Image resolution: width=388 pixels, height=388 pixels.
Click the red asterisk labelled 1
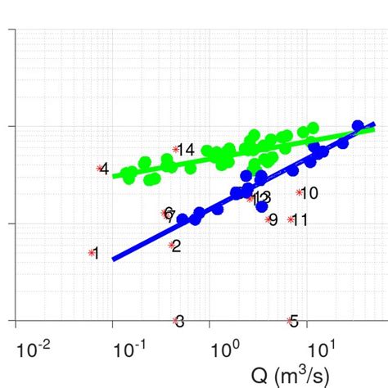[91, 253]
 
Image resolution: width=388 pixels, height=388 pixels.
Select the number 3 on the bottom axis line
[180, 321]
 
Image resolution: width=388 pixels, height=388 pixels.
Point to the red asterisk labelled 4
[100, 169]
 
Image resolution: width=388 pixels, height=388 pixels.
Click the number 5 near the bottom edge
[295, 321]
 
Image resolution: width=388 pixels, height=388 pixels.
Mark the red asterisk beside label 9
[268, 219]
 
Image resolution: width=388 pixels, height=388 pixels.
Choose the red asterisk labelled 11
[290, 219]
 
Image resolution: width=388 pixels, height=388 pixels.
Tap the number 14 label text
[187, 150]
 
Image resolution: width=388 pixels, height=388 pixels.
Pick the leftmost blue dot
[182, 219]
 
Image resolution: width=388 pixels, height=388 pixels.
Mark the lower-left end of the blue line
[113, 259]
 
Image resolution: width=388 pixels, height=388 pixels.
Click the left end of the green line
[113, 174]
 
